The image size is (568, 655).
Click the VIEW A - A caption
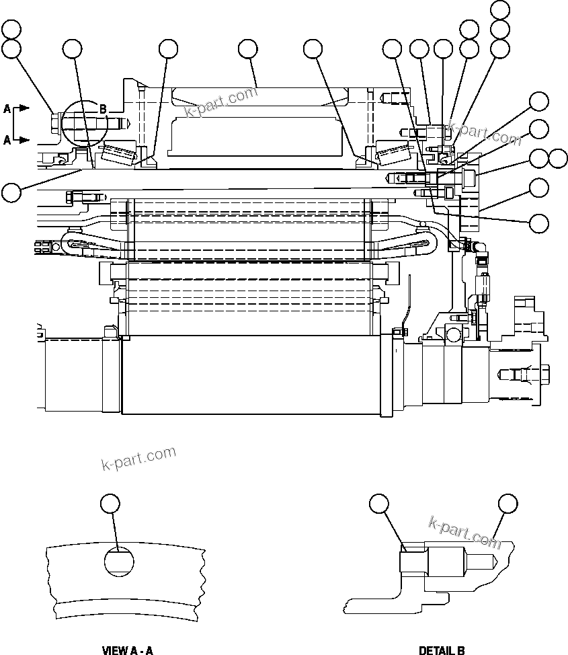127,650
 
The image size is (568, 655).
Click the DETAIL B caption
442,650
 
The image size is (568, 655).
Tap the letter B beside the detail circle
104,109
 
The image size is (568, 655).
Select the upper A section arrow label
7,108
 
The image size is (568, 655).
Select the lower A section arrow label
7,140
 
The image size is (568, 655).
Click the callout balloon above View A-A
110,503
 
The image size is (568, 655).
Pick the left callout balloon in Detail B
379,503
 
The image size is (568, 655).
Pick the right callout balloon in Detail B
508,503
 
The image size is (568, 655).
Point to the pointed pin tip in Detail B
493,560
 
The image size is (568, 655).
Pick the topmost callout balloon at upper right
500,9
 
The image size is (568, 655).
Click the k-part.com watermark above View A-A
138,459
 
